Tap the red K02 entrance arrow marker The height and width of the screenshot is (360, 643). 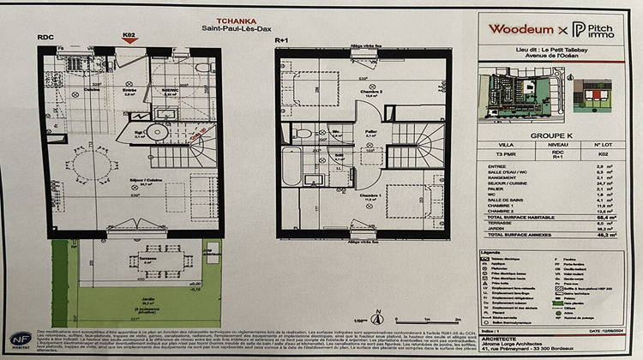129,39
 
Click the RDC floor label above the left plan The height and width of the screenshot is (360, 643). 45,38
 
